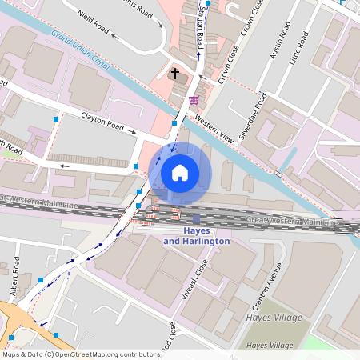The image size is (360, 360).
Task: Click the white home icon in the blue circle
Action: (180, 172)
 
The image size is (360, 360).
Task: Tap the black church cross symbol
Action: (175, 73)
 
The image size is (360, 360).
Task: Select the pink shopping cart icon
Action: (194, 100)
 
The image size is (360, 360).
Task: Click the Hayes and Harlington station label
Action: (196, 236)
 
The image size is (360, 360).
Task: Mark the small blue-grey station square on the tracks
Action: (196, 218)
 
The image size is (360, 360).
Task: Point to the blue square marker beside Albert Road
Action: (41, 280)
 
